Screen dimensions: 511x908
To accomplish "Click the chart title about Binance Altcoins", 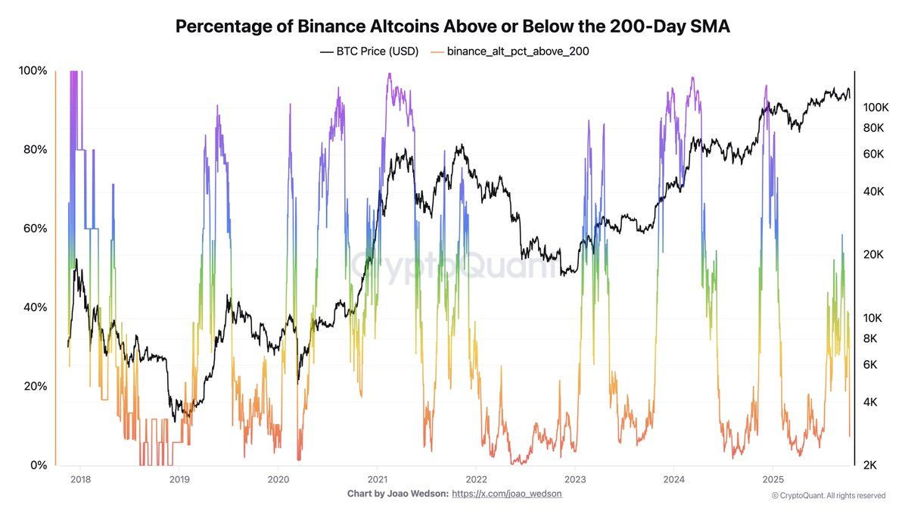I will [453, 26].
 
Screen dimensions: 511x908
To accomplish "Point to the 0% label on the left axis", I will [36, 465].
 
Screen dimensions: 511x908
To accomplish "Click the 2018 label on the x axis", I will [80, 479].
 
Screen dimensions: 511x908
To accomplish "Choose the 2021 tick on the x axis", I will [378, 479].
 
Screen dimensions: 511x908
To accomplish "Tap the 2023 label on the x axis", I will [575, 479].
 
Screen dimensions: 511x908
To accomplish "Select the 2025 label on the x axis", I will [773, 479].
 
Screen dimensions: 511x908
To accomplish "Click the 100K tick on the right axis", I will [875, 107].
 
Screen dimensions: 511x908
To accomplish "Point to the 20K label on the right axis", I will [875, 254].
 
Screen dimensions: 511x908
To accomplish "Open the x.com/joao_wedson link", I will [507, 494].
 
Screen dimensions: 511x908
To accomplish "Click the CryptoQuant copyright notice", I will [828, 496].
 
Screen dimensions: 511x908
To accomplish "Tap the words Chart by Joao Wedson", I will [396, 494].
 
